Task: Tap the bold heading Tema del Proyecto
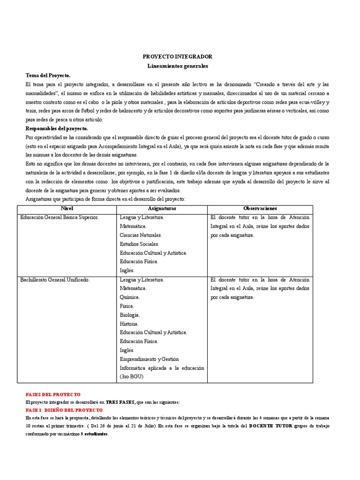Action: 48,75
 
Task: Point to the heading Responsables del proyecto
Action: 56,128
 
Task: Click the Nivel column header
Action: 67,208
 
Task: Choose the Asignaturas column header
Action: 162,208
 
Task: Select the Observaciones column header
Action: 260,208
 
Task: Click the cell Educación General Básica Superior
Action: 60,217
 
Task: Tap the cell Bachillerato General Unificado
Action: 54,280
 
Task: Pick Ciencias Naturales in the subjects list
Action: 141,235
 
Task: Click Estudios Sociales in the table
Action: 139,244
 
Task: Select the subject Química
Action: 129,297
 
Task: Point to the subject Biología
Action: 129,315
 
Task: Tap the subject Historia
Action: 129,324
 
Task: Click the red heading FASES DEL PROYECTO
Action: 53,395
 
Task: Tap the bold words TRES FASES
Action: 120,402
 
